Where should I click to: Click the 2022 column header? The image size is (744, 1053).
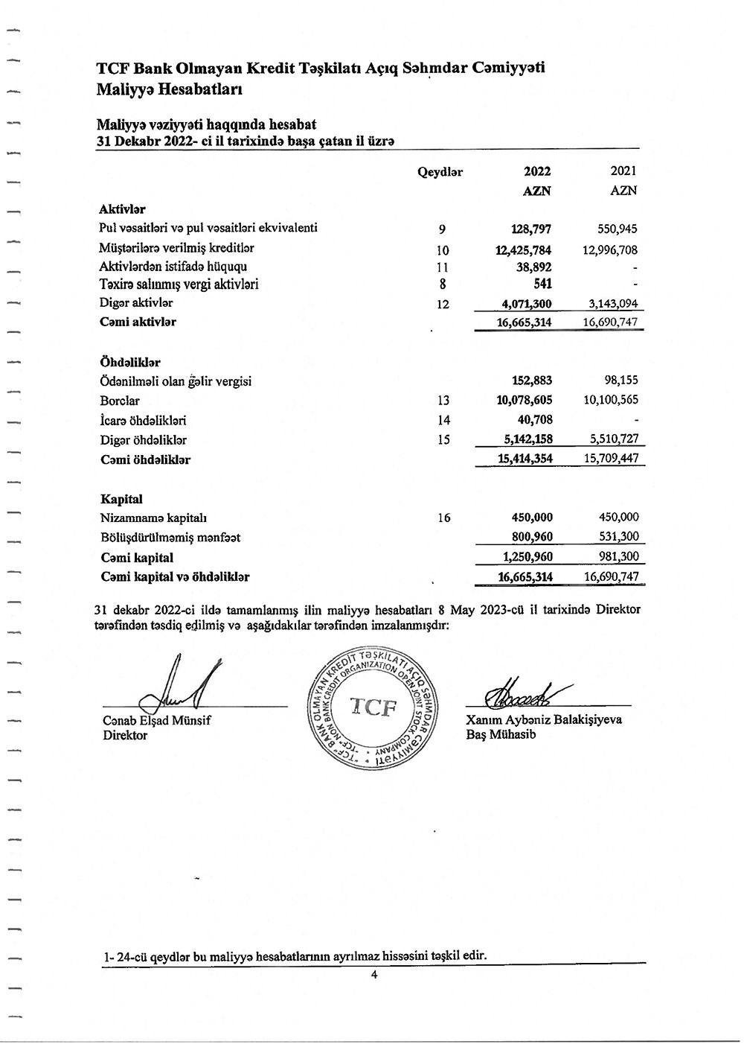tap(537, 171)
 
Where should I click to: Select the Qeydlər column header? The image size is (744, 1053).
tap(440, 172)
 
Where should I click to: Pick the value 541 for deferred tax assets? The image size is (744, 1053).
tap(542, 284)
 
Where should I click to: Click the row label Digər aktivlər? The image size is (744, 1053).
tap(136, 303)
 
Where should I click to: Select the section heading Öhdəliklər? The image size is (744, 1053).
tap(130, 363)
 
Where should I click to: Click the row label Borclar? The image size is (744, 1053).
tap(120, 401)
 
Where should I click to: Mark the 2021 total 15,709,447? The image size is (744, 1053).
tap(611, 459)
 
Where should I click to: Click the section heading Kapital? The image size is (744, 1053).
tap(121, 499)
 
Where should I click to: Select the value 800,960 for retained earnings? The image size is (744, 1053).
tap(531, 537)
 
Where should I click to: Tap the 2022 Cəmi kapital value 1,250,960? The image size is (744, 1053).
tap(527, 557)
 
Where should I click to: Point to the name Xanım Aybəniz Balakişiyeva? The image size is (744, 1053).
tap(543, 719)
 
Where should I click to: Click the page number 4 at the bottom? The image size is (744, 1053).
tap(375, 976)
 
